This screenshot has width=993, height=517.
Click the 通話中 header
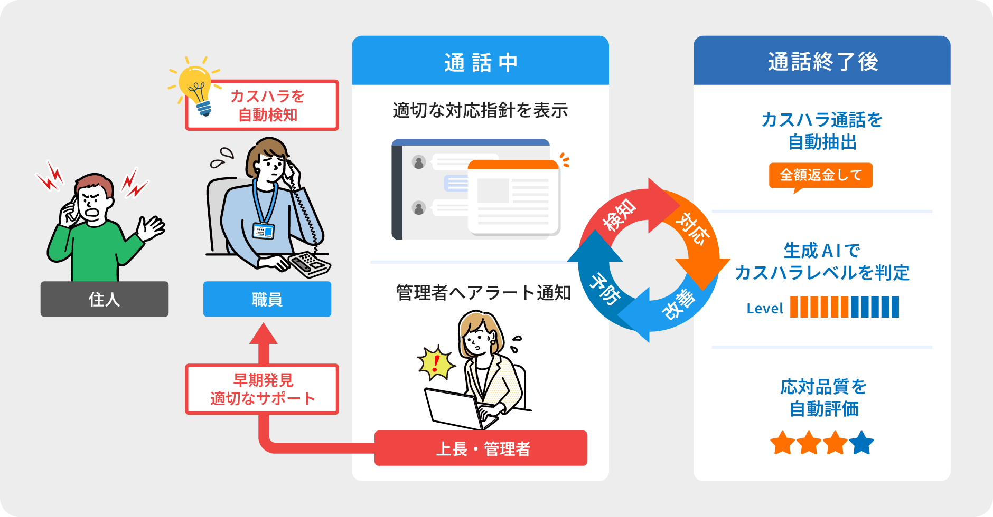tap(480, 62)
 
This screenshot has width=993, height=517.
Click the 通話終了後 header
tap(822, 62)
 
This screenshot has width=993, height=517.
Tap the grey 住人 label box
tap(105, 299)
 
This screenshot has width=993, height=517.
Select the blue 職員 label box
tap(267, 299)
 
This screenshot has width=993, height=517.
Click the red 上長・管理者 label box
tap(481, 448)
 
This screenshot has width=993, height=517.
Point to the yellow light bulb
tap(196, 84)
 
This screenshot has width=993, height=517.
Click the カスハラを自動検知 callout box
tap(268, 106)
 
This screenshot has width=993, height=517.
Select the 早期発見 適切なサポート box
tap(262, 389)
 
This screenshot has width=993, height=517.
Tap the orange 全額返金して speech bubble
tap(820, 175)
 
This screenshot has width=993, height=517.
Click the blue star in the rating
tap(862, 443)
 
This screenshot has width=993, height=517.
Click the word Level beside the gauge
tap(764, 309)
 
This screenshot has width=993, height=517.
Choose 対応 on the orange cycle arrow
tap(692, 228)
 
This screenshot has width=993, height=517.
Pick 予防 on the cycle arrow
tap(604, 289)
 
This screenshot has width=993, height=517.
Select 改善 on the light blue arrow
tap(680, 304)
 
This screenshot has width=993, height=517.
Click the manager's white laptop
tap(454, 409)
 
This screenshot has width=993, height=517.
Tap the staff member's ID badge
tap(263, 231)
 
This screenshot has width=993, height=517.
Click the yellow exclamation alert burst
tap(436, 363)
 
